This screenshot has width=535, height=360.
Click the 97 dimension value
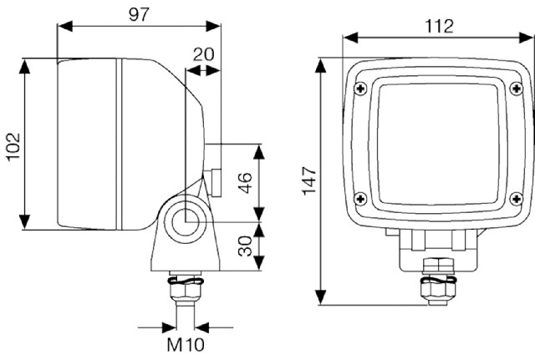(140, 15)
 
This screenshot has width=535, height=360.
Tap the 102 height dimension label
(13, 146)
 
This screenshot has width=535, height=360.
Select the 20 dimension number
(204, 54)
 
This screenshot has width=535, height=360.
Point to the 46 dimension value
(245, 183)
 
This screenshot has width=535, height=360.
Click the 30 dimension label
(245, 246)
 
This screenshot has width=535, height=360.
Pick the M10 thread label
(186, 344)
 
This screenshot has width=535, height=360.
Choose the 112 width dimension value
(439, 26)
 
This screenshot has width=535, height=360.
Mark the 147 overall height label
(310, 180)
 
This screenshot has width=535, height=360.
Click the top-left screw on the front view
(360, 89)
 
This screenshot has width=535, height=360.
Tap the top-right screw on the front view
(517, 89)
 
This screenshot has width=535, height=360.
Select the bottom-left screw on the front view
(360, 199)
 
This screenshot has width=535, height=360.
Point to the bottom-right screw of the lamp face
(517, 199)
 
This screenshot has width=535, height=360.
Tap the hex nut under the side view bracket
(185, 290)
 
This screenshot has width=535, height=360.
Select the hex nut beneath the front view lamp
(438, 290)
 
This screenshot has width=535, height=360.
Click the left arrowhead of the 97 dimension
(65, 26)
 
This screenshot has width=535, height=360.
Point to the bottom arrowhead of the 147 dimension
(320, 297)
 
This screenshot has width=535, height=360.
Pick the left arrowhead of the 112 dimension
(350, 38)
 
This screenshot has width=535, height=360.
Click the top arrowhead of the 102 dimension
(24, 66)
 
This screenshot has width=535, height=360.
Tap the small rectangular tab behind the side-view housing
(216, 182)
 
